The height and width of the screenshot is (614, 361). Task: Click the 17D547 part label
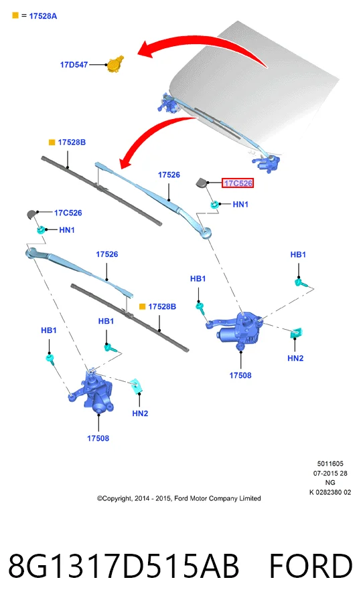74,65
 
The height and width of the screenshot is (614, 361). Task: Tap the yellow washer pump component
115,64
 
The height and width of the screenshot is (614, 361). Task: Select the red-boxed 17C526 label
238,183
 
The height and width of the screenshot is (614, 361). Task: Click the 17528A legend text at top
43,16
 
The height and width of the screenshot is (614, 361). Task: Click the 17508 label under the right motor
240,375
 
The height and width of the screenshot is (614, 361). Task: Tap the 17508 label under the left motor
98,438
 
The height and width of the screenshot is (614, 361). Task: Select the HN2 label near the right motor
295,358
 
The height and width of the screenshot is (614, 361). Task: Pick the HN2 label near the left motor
140,413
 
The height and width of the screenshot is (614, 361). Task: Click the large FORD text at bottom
311,566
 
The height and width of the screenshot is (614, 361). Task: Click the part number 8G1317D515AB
123,566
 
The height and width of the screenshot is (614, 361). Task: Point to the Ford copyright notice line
179,498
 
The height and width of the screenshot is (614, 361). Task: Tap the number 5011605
330,464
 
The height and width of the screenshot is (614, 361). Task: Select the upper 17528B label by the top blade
72,142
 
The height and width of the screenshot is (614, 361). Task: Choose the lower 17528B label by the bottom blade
162,306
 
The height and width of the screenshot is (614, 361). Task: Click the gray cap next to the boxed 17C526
202,182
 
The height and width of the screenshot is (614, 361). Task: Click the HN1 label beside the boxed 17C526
240,204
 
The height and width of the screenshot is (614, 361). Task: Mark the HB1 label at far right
298,255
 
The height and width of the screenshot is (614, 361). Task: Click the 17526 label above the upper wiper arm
169,175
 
